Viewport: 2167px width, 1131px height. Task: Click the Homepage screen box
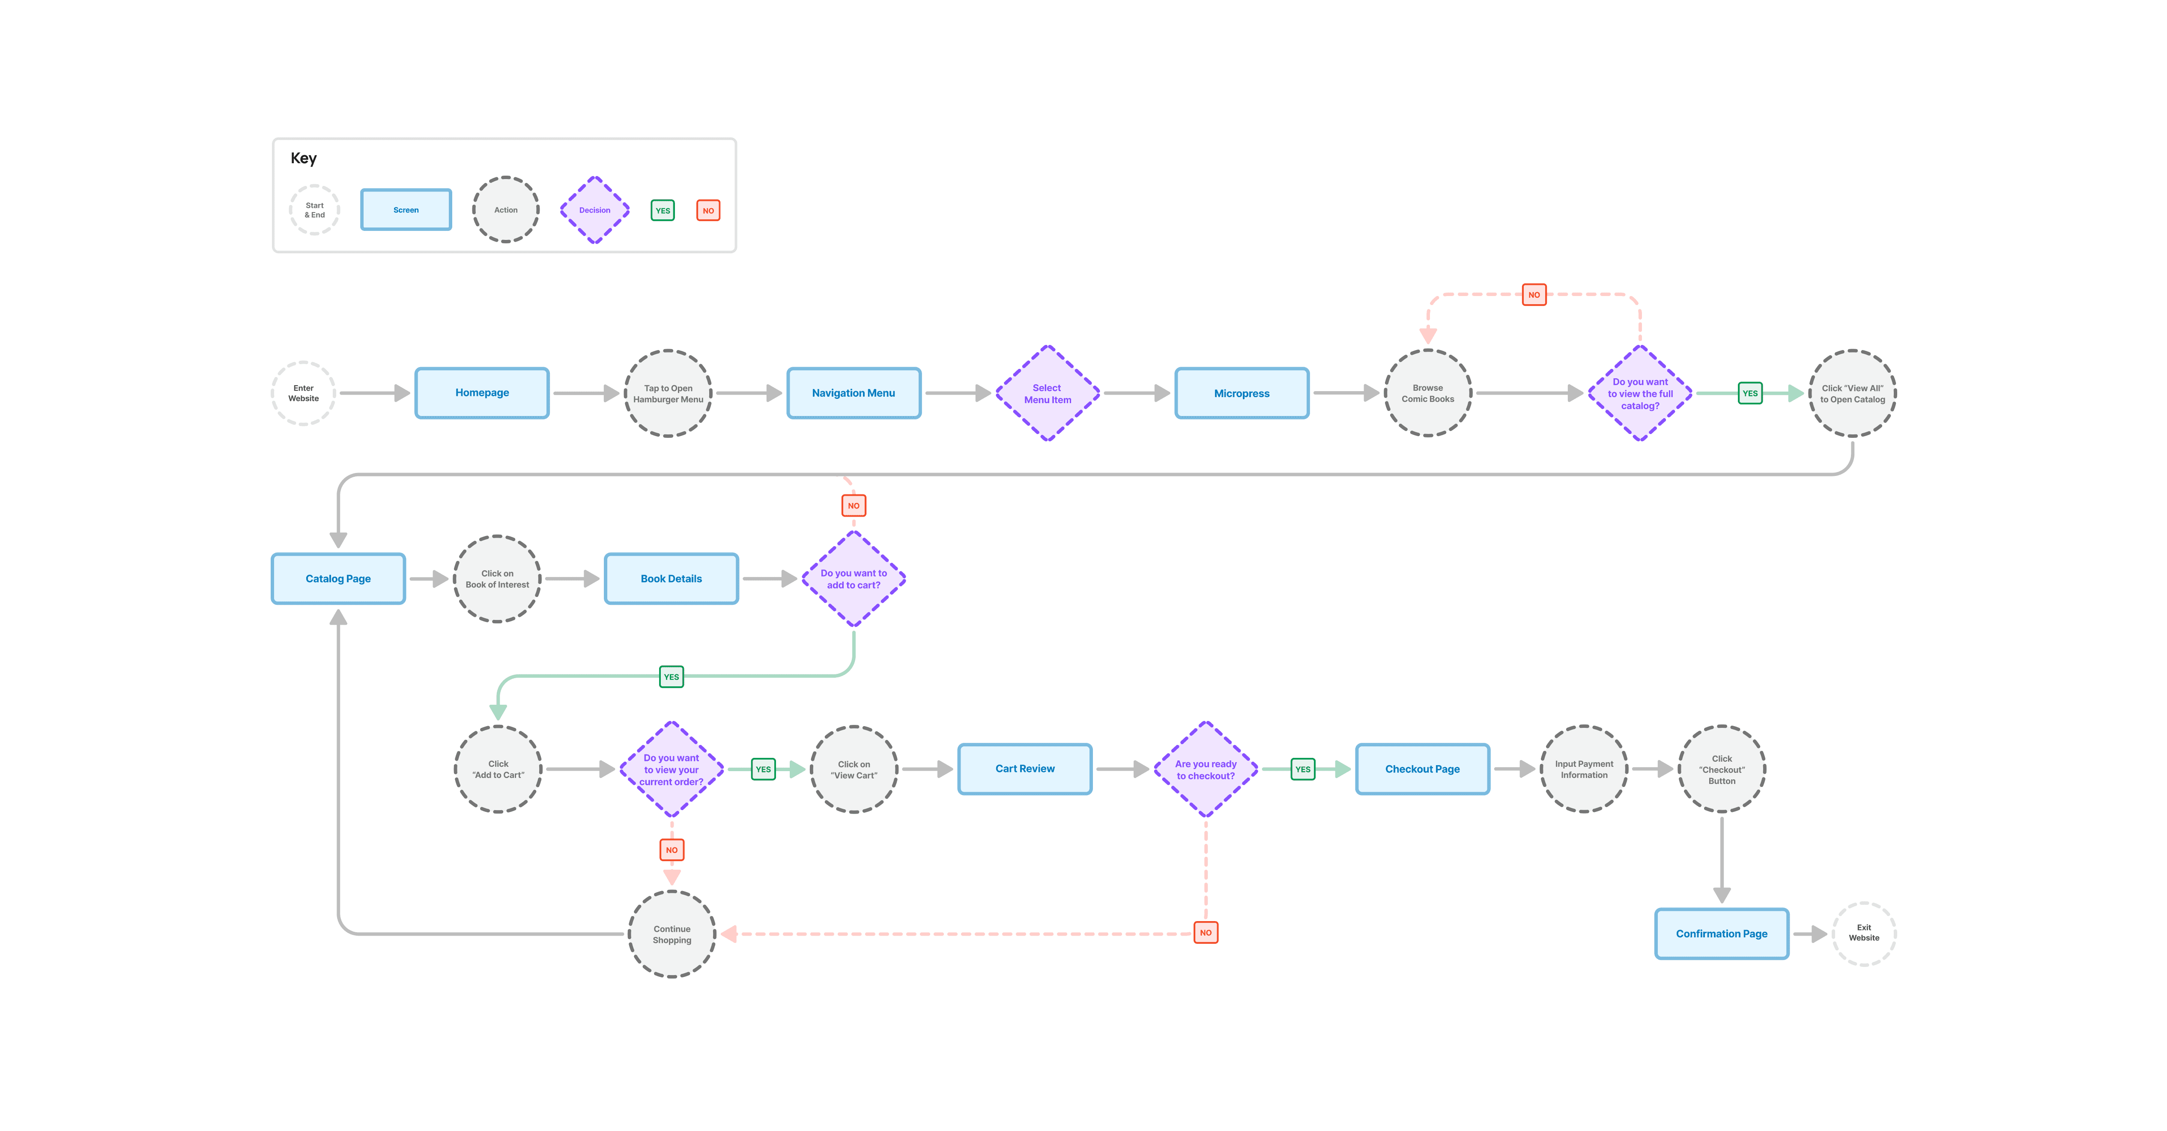[482, 393]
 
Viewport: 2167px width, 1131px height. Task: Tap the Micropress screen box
[1242, 393]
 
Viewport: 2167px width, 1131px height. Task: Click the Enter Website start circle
[304, 393]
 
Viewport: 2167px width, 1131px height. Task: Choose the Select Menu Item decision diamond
[1048, 393]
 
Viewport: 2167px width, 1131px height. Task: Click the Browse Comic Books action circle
[1427, 393]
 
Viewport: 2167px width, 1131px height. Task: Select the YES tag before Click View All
[1750, 393]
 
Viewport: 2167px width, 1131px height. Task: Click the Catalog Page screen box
[338, 579]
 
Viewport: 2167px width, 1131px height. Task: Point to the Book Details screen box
[672, 579]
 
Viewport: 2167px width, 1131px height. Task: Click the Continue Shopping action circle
[672, 934]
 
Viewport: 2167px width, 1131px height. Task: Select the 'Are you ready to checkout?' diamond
[1206, 769]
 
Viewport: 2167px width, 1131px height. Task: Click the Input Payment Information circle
[1584, 769]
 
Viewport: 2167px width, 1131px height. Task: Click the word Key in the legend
[304, 158]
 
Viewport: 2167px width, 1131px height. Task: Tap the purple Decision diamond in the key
[595, 209]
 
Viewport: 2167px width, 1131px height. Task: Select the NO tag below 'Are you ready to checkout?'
[1206, 932]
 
